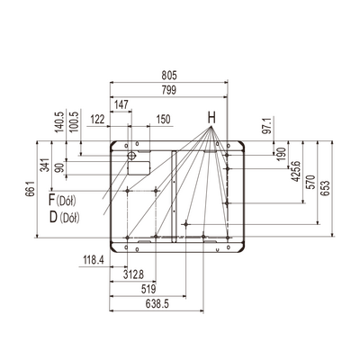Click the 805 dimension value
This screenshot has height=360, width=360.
point(169,76)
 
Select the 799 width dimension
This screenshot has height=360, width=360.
point(169,90)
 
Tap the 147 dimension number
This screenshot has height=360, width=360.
point(121,104)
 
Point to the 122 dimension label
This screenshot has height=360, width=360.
point(98,120)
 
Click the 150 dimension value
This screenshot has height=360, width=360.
point(164,120)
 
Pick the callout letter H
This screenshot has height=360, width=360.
point(211,118)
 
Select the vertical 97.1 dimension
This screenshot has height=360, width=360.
point(268,126)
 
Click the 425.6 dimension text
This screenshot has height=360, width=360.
point(296,171)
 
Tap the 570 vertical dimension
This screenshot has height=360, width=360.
point(311,182)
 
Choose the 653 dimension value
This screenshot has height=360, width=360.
point(325,188)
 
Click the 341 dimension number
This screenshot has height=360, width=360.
point(45,165)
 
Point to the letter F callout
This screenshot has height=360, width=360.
point(52,200)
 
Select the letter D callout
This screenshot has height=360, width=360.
point(53,218)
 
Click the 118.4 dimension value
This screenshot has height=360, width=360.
point(94,260)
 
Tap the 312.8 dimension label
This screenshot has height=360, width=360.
point(133,274)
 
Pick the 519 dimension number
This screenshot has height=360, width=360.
point(148,289)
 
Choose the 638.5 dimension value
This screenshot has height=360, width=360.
point(157,304)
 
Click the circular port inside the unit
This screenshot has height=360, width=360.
point(131,156)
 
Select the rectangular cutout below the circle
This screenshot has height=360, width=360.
point(139,168)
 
